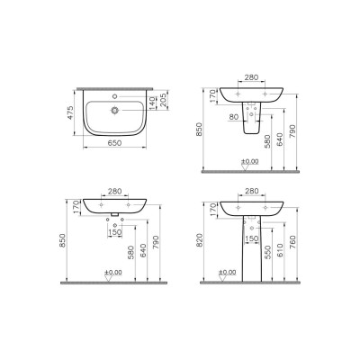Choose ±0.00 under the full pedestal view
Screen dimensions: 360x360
(251, 272)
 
